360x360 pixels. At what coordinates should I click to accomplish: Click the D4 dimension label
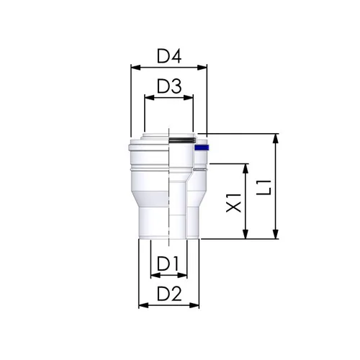[x=169, y=56]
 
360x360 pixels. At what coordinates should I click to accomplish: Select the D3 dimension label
[x=169, y=86]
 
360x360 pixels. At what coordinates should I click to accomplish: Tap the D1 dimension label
[x=168, y=264]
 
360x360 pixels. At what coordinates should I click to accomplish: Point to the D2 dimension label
[x=169, y=294]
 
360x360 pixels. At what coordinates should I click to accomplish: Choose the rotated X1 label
[x=234, y=203]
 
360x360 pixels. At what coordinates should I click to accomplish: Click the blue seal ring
[x=202, y=148]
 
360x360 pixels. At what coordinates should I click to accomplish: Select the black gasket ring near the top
[x=182, y=140]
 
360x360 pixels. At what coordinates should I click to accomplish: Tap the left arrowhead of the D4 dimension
[x=135, y=68]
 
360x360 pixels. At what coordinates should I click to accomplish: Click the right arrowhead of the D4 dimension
[x=202, y=68]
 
